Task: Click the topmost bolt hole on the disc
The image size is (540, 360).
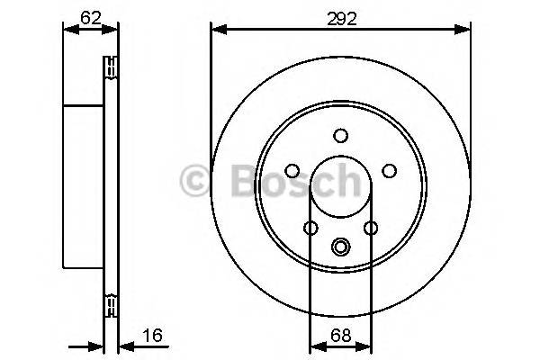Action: click(x=340, y=136)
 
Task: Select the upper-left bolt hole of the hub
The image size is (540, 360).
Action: click(x=292, y=170)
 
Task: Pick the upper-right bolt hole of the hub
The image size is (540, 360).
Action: click(x=389, y=170)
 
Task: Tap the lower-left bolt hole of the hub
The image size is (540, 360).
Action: click(x=310, y=228)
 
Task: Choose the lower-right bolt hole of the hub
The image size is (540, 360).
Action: click(x=370, y=228)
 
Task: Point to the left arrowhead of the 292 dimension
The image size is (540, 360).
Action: click(x=217, y=31)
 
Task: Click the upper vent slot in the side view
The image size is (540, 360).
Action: click(x=112, y=66)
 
